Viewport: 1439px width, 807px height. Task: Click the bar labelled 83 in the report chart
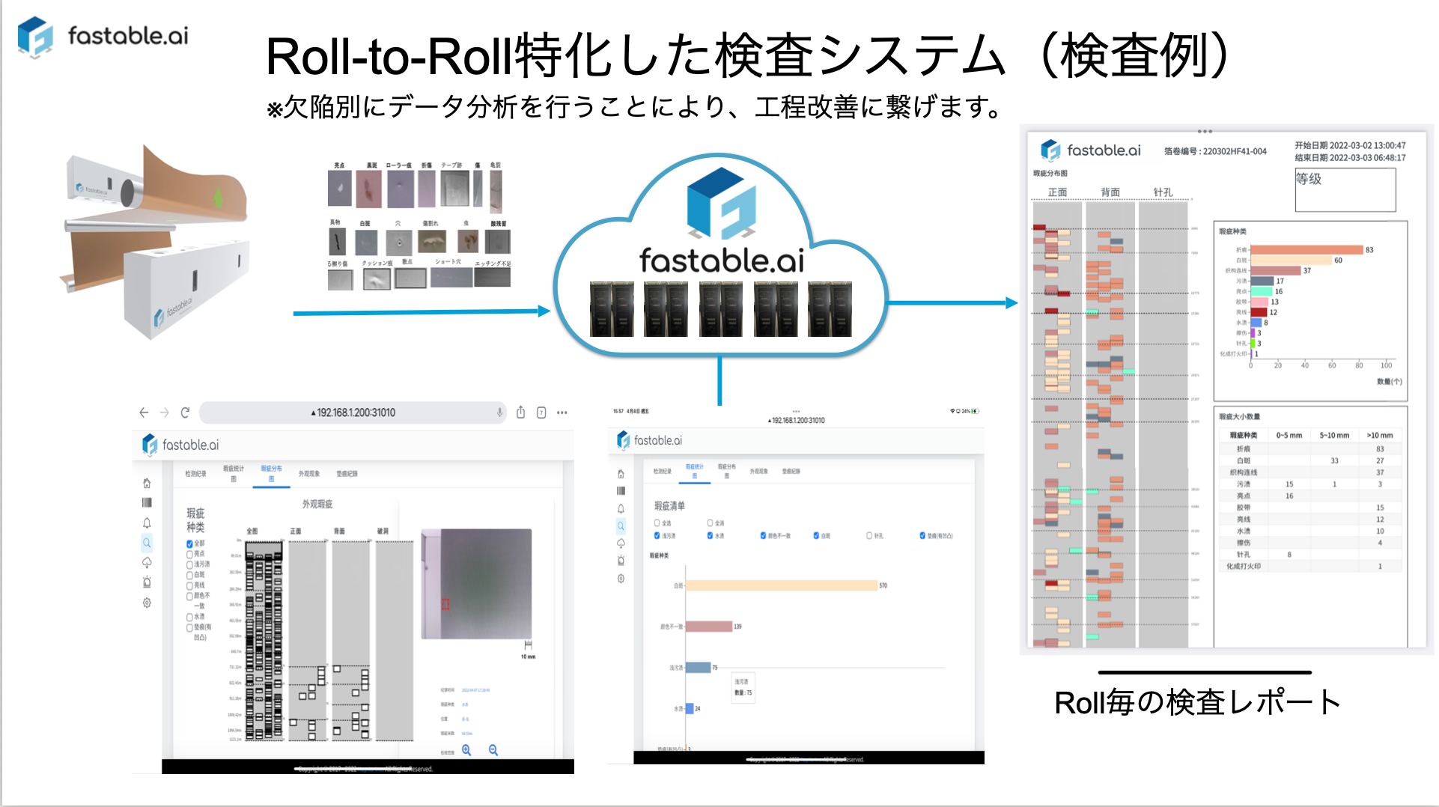1306,250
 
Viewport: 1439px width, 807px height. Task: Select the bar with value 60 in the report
1291,261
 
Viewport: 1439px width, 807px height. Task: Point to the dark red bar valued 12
1259,312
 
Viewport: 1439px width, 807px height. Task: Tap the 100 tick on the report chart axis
1386,365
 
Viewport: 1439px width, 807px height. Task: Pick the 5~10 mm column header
1333,435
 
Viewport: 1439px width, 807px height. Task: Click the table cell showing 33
1334,460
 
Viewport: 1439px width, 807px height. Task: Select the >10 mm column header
1379,435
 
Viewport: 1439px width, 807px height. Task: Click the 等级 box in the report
1345,189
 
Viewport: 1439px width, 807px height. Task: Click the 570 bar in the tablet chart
782,585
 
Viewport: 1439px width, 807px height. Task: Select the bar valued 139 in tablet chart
709,627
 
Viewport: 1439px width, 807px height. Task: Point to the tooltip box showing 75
743,686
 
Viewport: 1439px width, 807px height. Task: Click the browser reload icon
185,412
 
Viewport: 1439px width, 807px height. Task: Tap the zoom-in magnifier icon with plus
466,749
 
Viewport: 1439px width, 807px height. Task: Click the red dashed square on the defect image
445,603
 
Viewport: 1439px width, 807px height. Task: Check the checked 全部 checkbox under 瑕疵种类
190,543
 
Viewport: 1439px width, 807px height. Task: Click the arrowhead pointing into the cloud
544,311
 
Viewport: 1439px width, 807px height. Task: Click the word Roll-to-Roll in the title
389,57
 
